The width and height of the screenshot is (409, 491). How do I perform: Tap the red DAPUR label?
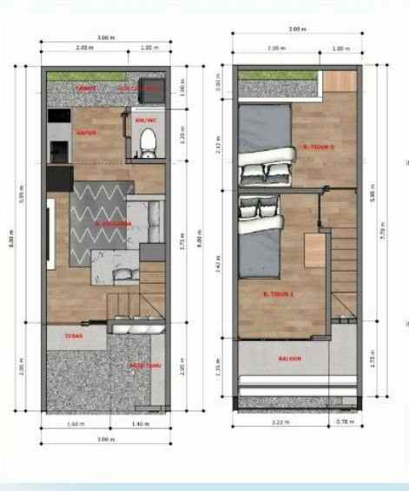[85, 134]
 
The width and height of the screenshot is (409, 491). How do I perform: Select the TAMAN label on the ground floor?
[85, 88]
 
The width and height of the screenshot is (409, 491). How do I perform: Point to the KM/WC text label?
[145, 120]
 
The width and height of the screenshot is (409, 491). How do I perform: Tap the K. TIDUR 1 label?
[277, 296]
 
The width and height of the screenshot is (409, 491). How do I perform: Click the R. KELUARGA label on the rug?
[112, 223]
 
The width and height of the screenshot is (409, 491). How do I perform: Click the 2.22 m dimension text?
[279, 422]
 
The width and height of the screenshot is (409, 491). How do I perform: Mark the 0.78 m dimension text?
[345, 422]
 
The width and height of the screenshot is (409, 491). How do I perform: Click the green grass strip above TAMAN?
[104, 77]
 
